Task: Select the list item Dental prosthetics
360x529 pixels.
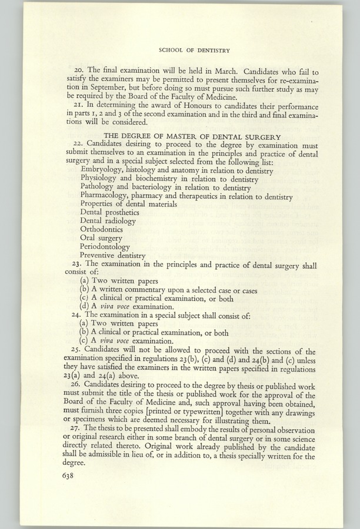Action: [x=109, y=212]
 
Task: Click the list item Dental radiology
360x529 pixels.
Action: [x=108, y=221]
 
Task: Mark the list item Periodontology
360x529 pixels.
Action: [x=105, y=247]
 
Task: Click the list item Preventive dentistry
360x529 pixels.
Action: [x=112, y=256]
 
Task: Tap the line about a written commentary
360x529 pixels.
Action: [x=168, y=290]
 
